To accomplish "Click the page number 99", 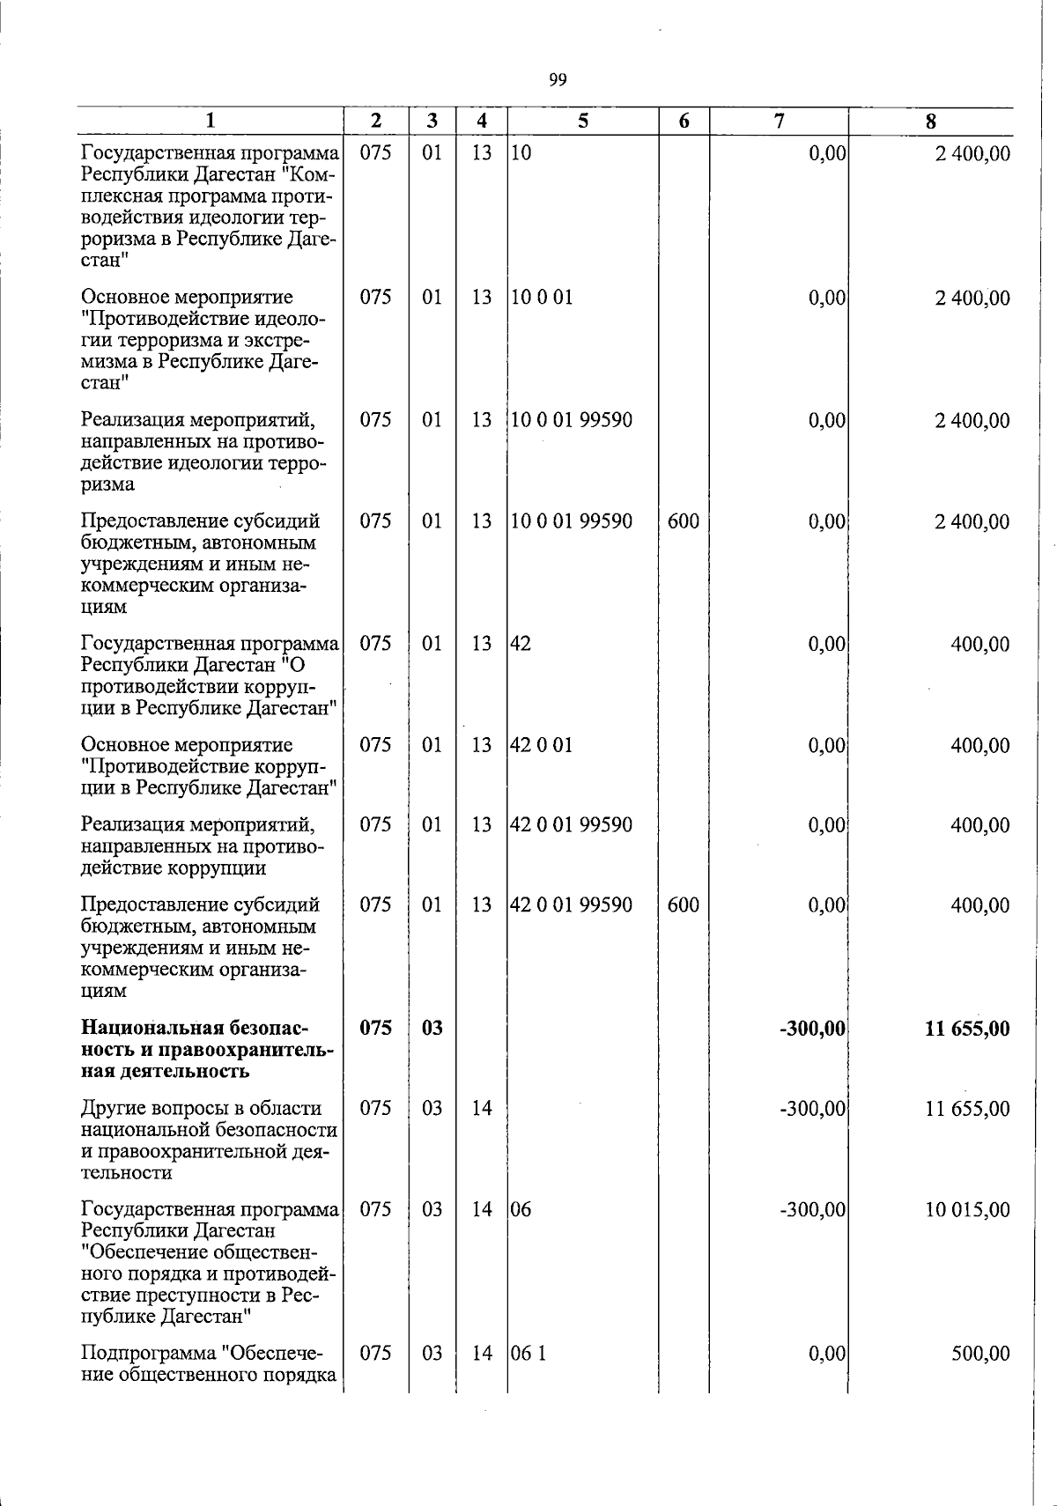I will pos(558,80).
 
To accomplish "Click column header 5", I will pos(583,122).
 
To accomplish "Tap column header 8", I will pos(931,122).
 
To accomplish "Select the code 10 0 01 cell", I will pos(542,298).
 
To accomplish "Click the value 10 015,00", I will pos(967,1210).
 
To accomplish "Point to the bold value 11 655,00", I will pos(967,1029).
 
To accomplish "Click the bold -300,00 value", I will pos(812,1029).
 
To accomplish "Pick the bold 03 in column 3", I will pos(432,1029).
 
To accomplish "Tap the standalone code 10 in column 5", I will pos(521,154).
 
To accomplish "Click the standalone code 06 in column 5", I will pos(521,1210).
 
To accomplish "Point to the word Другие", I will pos(108,1108).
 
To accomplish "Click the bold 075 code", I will pos(375,1029).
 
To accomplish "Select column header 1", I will pos(210,122).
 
